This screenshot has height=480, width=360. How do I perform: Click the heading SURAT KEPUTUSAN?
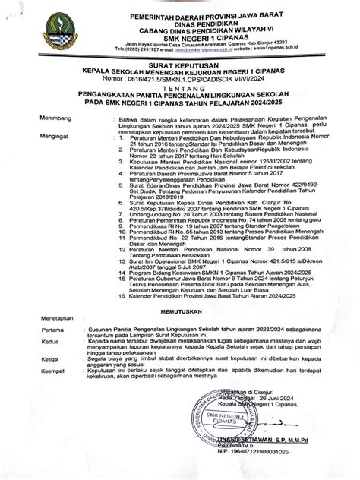click(181, 66)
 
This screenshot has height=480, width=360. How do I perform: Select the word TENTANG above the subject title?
click(181, 87)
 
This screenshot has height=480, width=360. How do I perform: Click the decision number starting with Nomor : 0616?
click(181, 79)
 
